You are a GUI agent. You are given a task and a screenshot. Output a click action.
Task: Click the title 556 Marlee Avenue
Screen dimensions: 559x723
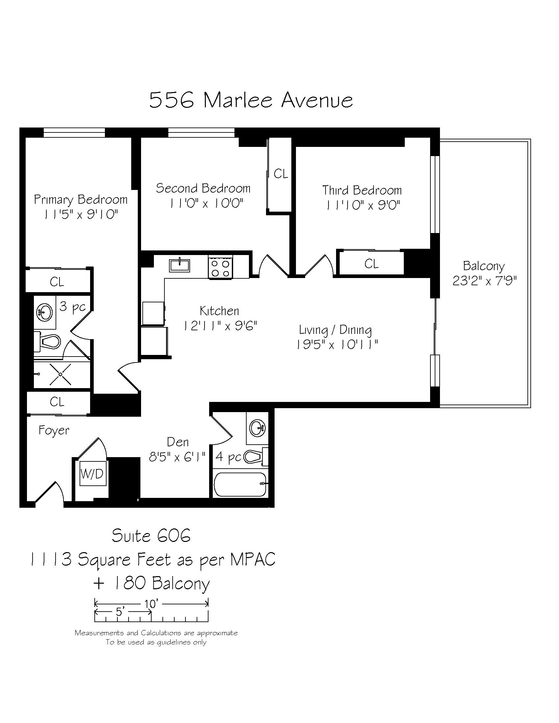[251, 100]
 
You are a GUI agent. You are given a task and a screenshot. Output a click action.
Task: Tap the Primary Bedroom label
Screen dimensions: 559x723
[81, 199]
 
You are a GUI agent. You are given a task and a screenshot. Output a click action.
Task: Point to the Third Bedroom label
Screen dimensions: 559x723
[362, 190]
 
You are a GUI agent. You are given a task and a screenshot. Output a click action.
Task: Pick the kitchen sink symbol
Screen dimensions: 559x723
[180, 265]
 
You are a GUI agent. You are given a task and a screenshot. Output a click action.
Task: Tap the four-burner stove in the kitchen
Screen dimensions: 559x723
[221, 267]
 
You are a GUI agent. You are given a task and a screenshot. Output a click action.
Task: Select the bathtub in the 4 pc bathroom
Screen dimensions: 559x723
[240, 484]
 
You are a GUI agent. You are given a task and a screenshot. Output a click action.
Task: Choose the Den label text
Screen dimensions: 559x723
[178, 442]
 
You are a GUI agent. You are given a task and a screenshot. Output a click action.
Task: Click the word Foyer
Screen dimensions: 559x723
[54, 431]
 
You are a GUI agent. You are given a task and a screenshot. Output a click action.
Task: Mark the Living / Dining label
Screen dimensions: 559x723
[335, 330]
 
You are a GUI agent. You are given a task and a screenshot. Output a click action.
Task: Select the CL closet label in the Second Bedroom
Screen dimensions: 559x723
[281, 174]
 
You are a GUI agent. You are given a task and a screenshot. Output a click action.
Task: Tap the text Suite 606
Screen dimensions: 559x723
[151, 536]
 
